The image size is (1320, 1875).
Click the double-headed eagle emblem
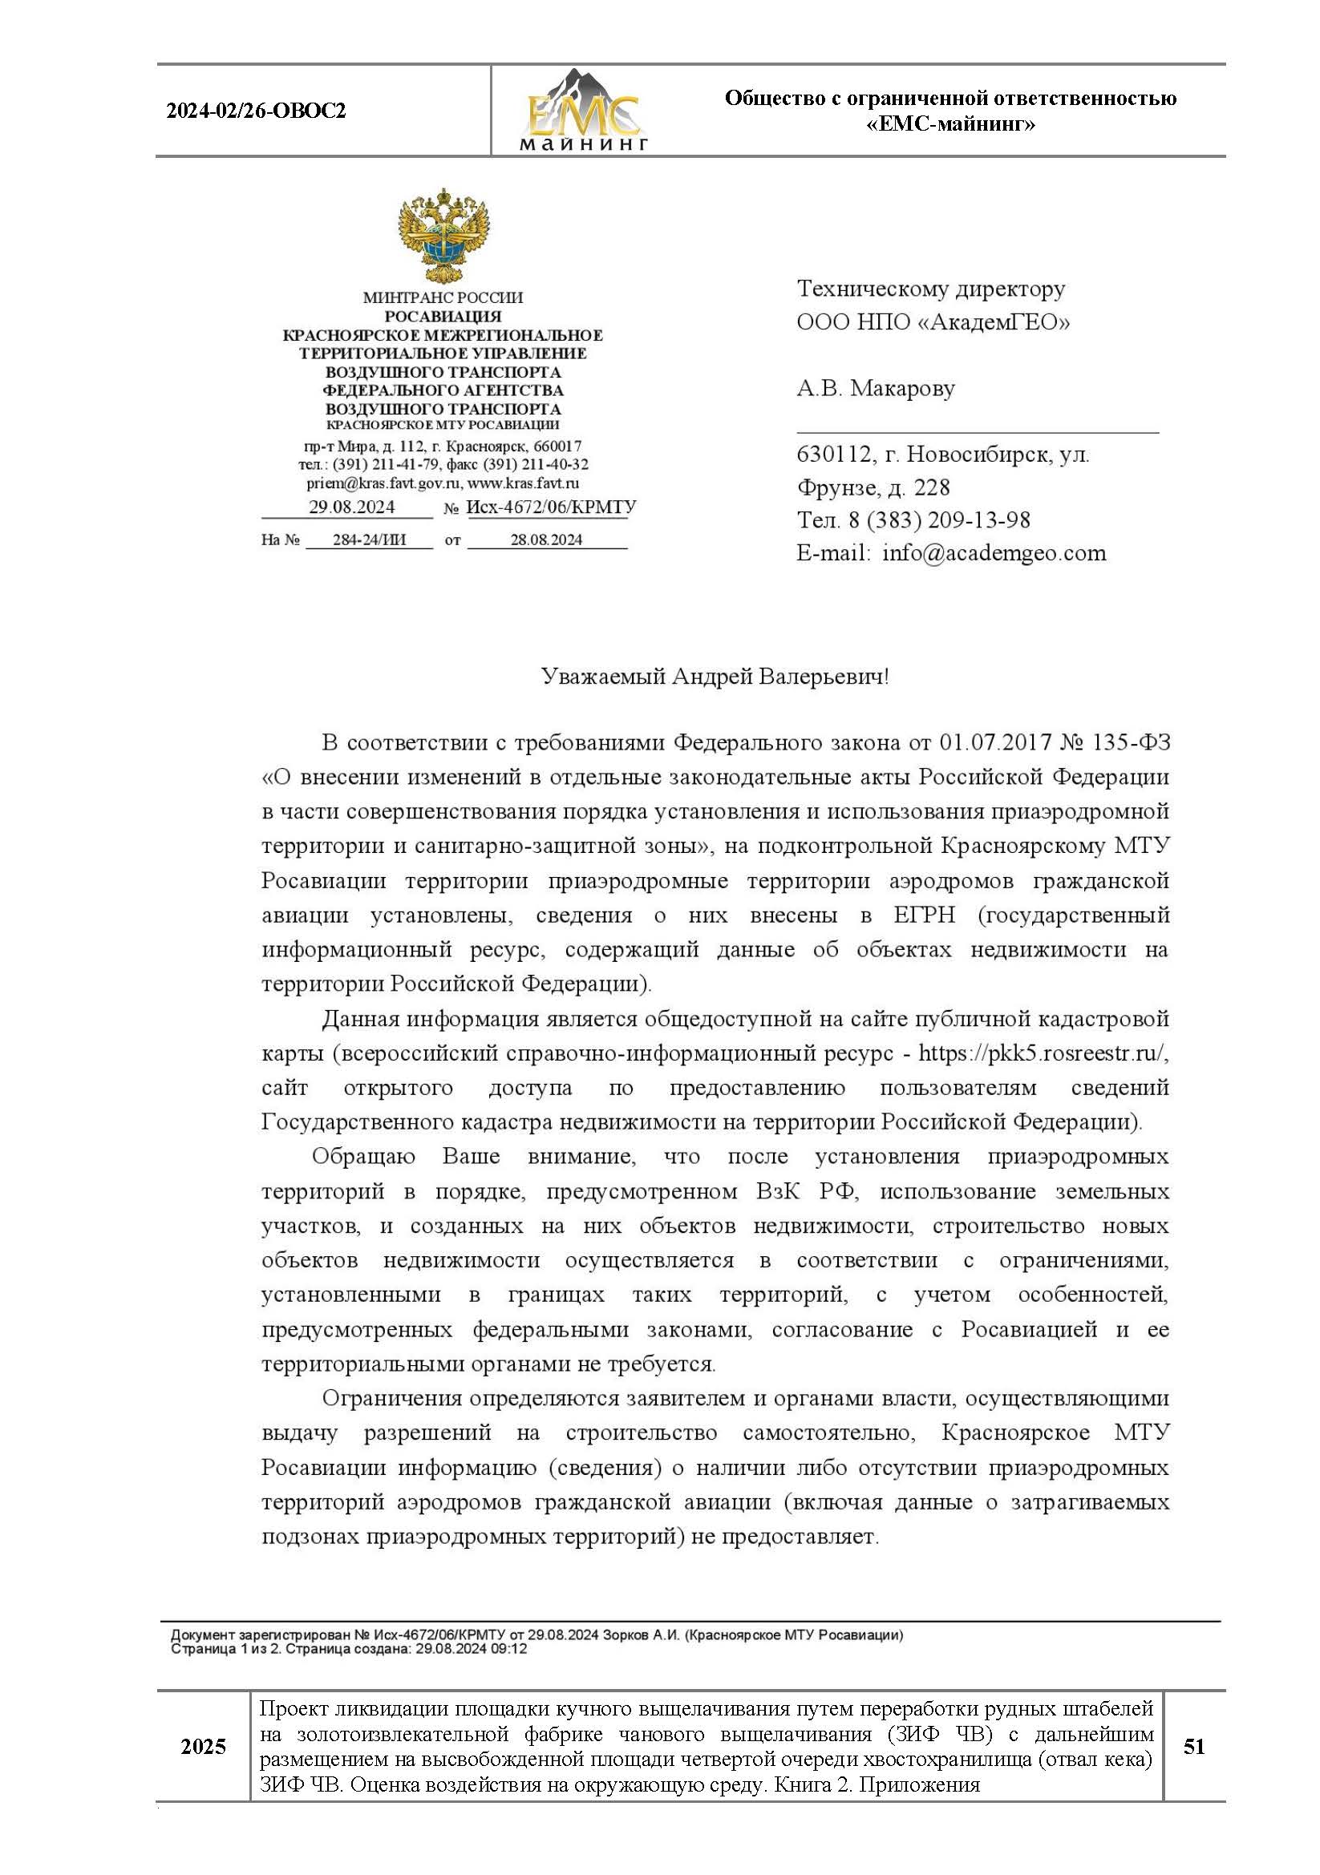(x=443, y=236)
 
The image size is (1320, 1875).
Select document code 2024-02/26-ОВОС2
(x=256, y=111)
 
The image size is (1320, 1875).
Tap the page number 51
(x=1193, y=1747)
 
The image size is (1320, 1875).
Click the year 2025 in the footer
(x=204, y=1747)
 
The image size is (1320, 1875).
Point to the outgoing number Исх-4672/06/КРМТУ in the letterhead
(x=551, y=507)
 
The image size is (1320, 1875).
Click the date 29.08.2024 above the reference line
(x=351, y=507)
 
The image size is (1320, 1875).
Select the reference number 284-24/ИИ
(x=369, y=539)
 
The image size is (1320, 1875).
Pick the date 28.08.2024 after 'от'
(x=545, y=539)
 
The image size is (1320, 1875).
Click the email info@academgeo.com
(x=994, y=554)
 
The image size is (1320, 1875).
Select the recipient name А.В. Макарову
(x=876, y=388)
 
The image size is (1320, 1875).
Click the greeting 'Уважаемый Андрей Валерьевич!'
(x=715, y=677)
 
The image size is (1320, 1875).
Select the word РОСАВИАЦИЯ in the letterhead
(x=443, y=316)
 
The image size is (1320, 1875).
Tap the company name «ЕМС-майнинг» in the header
(x=950, y=124)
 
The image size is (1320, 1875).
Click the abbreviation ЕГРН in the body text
(x=925, y=915)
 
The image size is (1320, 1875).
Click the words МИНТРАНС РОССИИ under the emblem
(x=443, y=298)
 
